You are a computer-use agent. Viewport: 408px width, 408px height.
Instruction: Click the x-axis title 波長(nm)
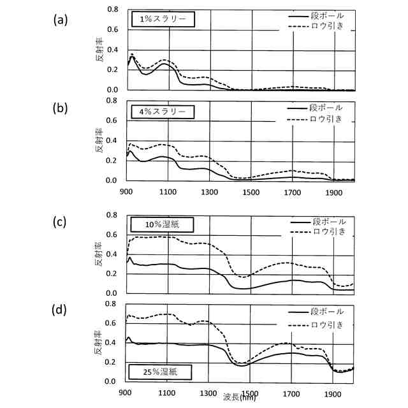point(240,397)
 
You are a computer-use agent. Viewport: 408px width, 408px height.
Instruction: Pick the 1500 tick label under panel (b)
point(251,191)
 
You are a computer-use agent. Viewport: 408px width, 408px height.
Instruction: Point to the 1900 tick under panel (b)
point(333,191)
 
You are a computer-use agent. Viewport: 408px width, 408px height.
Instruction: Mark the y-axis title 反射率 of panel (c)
point(99,256)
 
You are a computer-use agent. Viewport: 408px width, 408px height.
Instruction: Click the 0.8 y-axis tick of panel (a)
point(113,9)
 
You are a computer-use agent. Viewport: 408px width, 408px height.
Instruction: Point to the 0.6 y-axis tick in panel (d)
point(113,323)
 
